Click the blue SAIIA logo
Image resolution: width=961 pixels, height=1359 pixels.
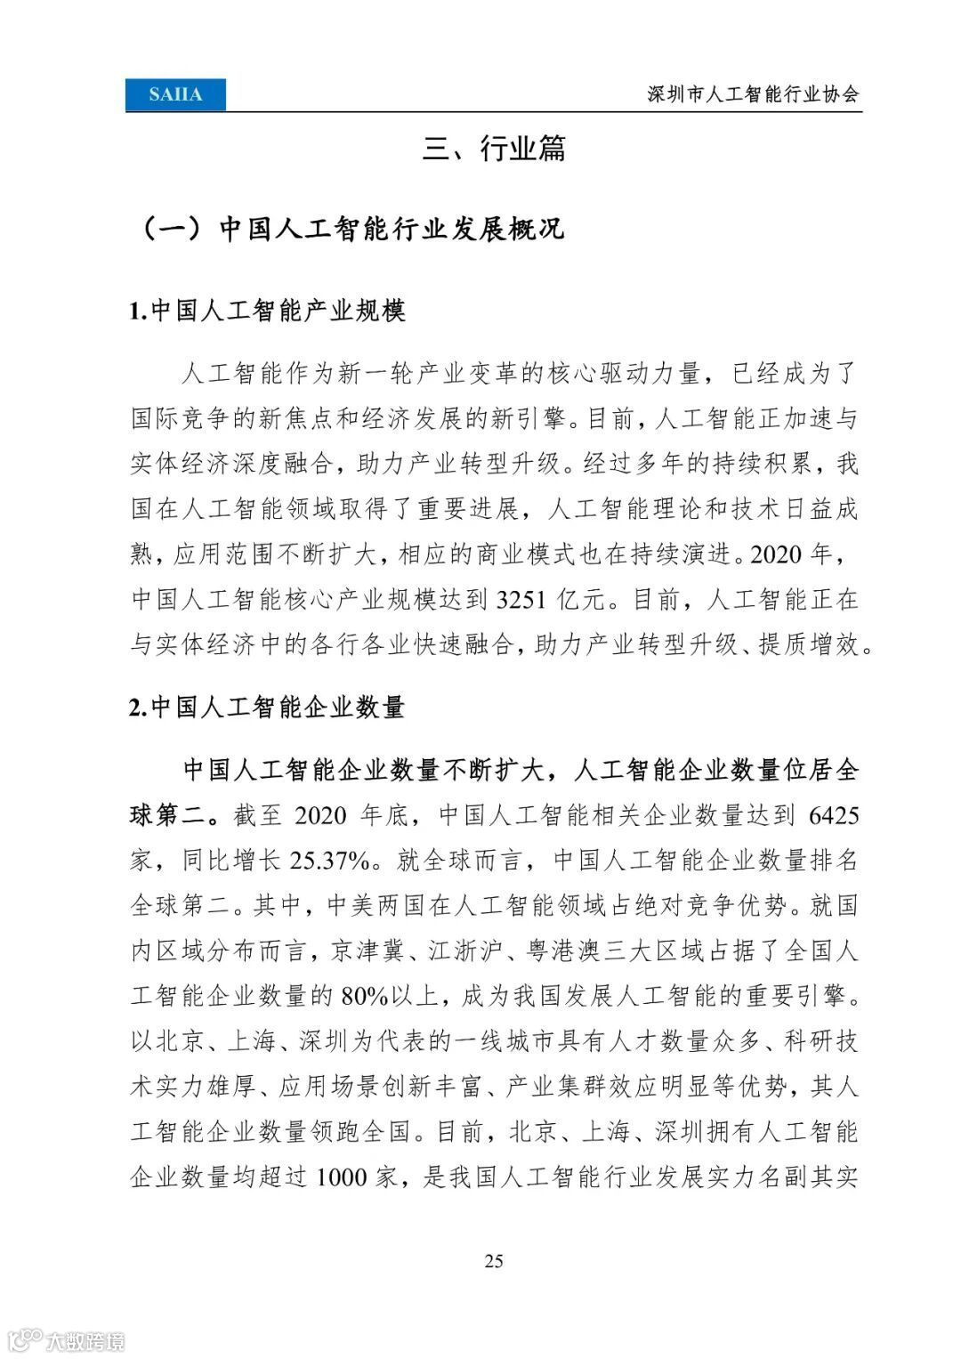coord(175,94)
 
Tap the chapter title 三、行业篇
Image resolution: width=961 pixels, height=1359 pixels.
coord(494,149)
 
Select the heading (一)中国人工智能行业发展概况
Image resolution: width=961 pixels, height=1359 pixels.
coord(348,229)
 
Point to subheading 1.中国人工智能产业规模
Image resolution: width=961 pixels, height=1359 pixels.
coord(267,311)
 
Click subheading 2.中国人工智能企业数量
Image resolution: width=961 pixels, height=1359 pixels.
coord(267,707)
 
